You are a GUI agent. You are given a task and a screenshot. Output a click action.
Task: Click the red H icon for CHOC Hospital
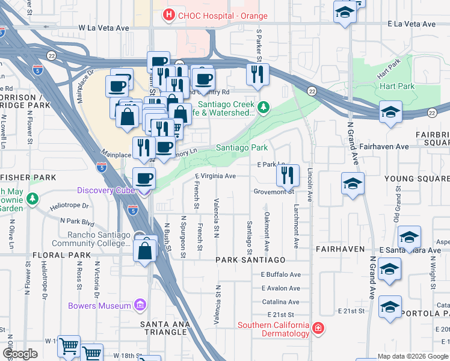[169, 14]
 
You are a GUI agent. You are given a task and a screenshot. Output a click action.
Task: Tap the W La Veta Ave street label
[104, 28]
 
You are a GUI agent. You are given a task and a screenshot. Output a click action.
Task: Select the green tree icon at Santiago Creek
[263, 108]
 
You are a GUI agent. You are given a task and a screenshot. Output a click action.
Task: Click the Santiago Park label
[241, 147]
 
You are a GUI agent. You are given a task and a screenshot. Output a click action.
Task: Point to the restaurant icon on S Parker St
[257, 75]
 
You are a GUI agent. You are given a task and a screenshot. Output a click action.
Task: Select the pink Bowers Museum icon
[140, 306]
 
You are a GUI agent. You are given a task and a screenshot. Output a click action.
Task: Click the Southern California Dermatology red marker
[318, 329]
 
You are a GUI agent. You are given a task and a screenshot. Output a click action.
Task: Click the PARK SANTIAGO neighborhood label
[250, 259]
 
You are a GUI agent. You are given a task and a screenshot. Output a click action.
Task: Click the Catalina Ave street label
[280, 302]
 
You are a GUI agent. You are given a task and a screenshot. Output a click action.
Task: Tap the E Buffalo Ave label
[280, 274]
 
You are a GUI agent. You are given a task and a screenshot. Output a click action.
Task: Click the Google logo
[20, 354]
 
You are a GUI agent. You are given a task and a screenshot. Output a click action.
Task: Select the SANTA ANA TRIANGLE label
[164, 328]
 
